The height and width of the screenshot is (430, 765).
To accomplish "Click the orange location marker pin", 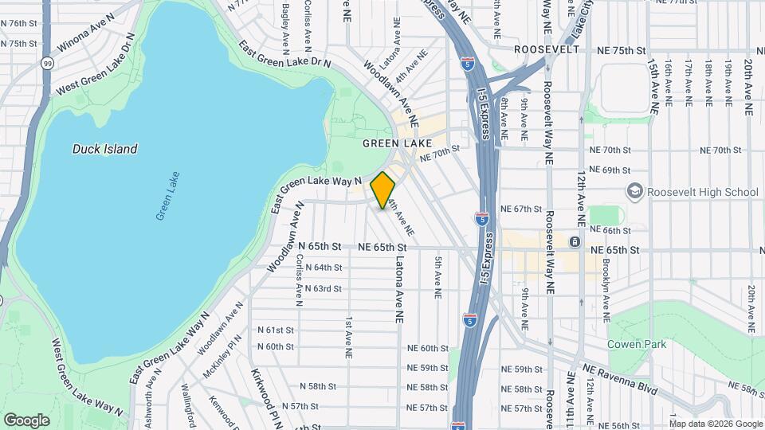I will pos(383,190).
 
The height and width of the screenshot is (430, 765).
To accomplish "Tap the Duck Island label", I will pos(104,149).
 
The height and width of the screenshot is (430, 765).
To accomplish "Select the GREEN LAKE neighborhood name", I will pos(397,143).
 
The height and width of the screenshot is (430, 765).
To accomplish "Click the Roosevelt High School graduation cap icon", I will pos(635,191).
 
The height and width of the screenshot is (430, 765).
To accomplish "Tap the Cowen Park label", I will pos(637,344).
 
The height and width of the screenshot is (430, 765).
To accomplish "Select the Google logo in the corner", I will pos(26,420).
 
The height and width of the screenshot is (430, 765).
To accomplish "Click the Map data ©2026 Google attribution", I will pos(715,424).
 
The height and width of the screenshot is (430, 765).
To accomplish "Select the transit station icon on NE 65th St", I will pos(575,241).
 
